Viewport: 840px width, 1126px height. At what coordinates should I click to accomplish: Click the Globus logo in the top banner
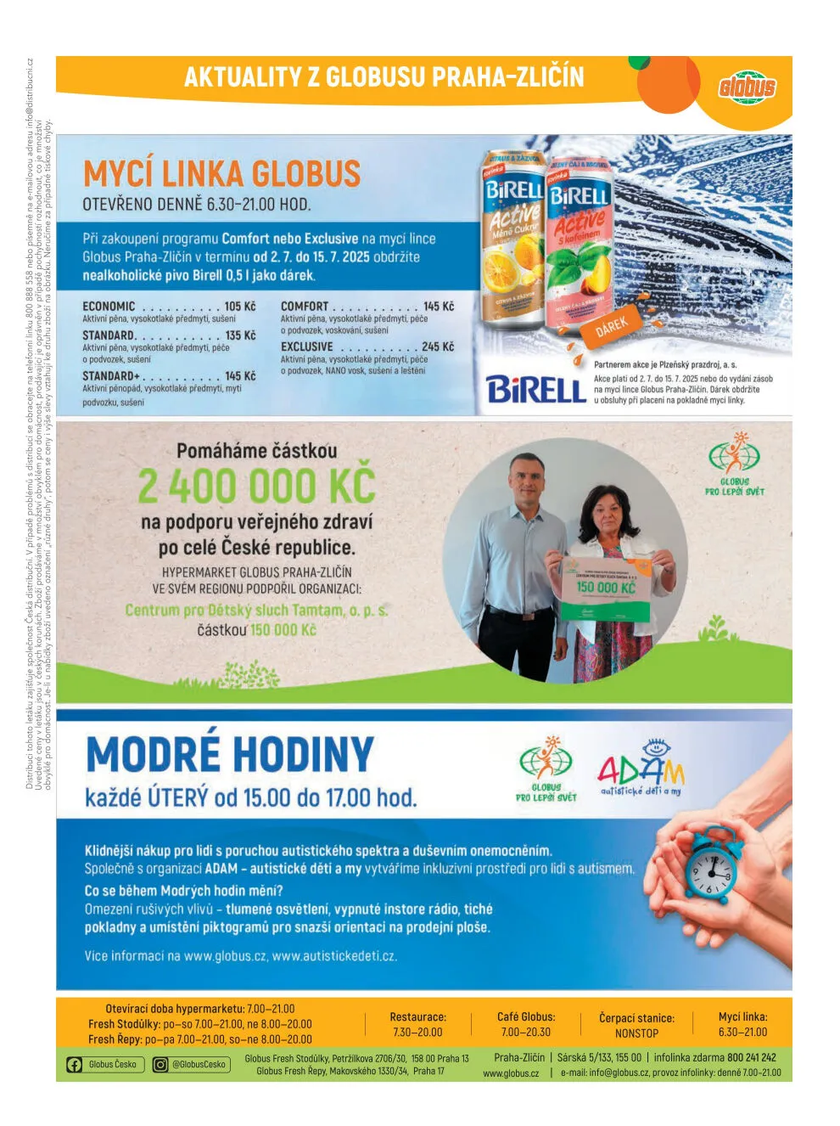click(x=748, y=87)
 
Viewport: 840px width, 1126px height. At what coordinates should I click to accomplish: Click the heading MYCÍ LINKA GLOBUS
click(x=221, y=174)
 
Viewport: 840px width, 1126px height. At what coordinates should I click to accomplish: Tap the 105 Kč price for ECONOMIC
click(x=239, y=307)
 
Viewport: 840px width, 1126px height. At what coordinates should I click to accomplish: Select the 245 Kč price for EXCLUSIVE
click(x=437, y=347)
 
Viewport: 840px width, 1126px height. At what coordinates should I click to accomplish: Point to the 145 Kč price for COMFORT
click(x=438, y=307)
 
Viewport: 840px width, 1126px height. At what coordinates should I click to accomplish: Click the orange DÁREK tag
click(x=611, y=327)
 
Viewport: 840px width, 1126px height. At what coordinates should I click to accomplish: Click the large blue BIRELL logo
click(x=536, y=391)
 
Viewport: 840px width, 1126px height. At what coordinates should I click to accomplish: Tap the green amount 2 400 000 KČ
click(x=256, y=487)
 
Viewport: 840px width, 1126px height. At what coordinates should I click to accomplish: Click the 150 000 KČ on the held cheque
click(x=606, y=588)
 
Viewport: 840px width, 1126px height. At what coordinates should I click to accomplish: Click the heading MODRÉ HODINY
click(x=230, y=755)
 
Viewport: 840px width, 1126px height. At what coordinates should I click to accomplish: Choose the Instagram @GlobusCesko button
click(x=191, y=1065)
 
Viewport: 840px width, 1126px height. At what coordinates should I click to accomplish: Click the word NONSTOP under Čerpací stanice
click(x=636, y=1033)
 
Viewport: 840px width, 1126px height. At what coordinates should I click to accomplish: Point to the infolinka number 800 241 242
click(x=751, y=1058)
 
